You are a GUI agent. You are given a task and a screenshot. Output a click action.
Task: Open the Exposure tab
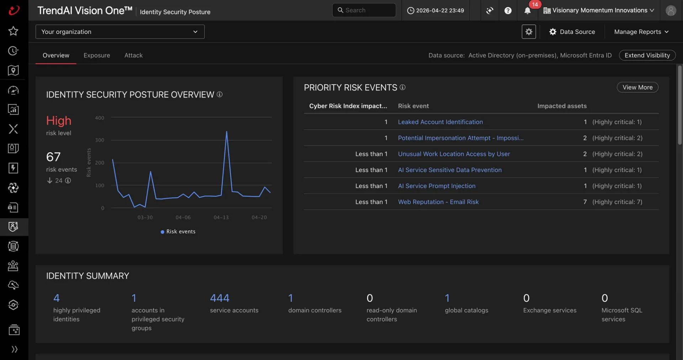pos(97,55)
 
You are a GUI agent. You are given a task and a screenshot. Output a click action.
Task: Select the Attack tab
pos(133,55)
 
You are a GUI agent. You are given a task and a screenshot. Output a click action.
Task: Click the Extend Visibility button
pos(647,55)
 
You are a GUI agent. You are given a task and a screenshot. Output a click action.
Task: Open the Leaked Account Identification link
pos(440,122)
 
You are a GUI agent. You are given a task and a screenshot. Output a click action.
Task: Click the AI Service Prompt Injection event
pos(436,186)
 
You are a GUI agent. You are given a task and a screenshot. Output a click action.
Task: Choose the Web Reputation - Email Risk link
pos(438,202)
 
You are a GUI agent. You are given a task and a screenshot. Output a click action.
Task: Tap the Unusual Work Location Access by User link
pos(454,154)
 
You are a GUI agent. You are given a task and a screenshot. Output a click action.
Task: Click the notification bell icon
pos(528,11)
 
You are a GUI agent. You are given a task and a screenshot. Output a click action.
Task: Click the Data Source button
pos(572,32)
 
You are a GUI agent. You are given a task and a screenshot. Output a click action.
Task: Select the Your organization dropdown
pos(120,32)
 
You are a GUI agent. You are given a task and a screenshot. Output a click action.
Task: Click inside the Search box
pos(364,10)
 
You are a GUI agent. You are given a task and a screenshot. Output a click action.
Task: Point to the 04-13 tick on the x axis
pos(221,217)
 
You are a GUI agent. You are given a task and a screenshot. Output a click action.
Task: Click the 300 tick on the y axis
pos(100,140)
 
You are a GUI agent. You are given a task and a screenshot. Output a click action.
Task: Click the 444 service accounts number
pos(219,298)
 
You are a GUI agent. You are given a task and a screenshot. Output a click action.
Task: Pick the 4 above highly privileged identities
pos(57,298)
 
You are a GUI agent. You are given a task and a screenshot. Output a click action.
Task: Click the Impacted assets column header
pos(562,106)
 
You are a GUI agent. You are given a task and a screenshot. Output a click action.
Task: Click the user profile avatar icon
pos(671,11)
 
